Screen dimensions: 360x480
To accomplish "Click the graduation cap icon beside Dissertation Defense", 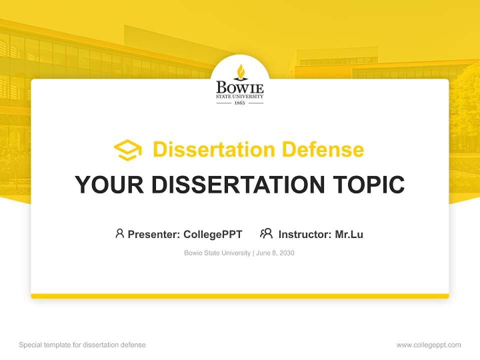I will tap(127, 150).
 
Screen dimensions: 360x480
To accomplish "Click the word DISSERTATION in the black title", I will tap(238, 184).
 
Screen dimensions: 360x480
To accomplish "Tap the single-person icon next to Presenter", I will tap(119, 233).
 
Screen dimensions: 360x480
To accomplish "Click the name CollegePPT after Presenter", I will tap(213, 234).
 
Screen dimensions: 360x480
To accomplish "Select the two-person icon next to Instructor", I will tap(266, 233).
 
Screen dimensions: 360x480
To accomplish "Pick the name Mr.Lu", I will tap(349, 234).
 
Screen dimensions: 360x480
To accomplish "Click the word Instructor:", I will tap(305, 234).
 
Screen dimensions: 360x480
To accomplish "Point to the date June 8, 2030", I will tap(275, 253).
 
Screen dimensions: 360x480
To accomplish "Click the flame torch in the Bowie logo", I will tap(240, 72).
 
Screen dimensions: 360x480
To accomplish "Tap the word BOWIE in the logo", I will tap(239, 88).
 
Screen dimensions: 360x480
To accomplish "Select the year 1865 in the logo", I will tap(239, 103).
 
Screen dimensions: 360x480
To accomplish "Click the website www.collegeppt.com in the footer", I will tap(428, 345).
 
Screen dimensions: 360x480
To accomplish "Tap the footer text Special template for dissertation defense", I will tap(82, 345).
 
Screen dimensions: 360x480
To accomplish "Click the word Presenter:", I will tap(154, 234).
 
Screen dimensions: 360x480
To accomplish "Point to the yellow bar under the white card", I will tap(240, 296).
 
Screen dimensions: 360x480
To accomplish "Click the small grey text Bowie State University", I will tap(217, 253).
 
